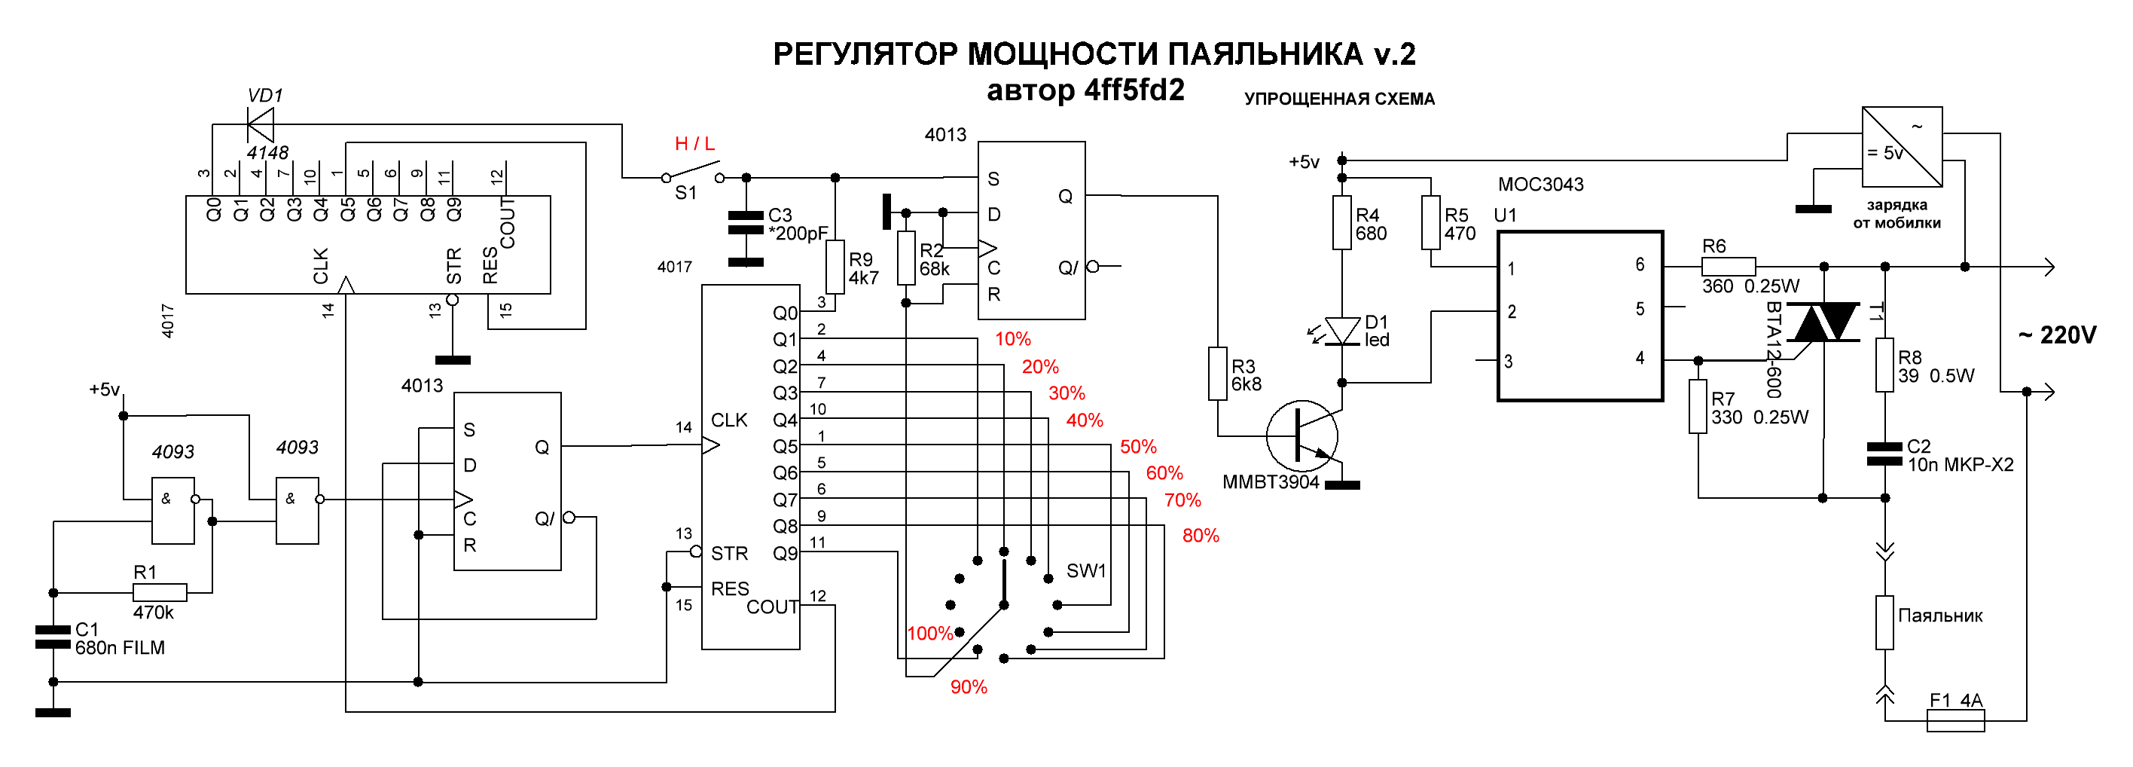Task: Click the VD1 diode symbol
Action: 260,125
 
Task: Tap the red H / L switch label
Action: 694,144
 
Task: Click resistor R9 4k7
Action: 835,267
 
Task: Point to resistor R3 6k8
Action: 1217,374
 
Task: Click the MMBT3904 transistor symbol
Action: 1302,435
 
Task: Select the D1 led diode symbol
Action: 1341,332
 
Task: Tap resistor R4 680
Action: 1341,222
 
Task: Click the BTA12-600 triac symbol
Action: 1823,322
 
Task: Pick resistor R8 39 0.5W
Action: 1884,365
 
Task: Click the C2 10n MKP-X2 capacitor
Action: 1884,454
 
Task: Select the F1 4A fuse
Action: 1956,720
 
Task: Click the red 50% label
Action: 1138,447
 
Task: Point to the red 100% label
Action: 930,634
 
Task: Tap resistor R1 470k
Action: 160,592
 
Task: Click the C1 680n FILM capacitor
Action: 53,637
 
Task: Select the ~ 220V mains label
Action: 2057,335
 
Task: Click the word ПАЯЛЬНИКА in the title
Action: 1265,55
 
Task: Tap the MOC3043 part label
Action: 1540,184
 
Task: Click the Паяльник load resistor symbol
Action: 1884,622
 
